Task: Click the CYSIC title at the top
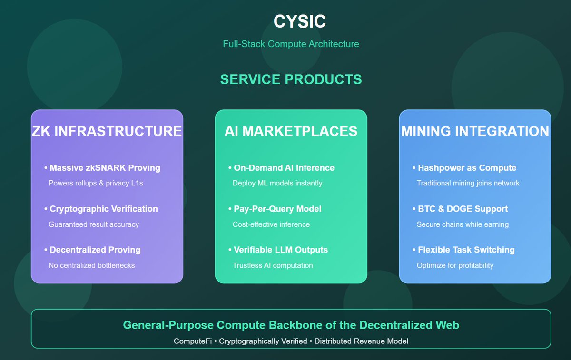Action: pyautogui.click(x=299, y=21)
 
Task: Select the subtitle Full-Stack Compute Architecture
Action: pyautogui.click(x=291, y=44)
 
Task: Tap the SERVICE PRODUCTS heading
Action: pyautogui.click(x=291, y=79)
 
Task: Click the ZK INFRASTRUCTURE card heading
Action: pyautogui.click(x=107, y=131)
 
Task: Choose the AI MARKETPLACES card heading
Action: pyautogui.click(x=291, y=131)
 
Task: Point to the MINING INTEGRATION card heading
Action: pyautogui.click(x=475, y=131)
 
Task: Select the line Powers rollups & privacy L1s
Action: pyautogui.click(x=96, y=183)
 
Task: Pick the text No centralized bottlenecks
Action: pyautogui.click(x=91, y=265)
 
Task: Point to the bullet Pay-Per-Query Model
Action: pyautogui.click(x=277, y=209)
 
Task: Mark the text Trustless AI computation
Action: pyautogui.click(x=273, y=265)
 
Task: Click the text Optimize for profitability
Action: pyautogui.click(x=455, y=265)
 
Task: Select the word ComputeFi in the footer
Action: pyautogui.click(x=193, y=341)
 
